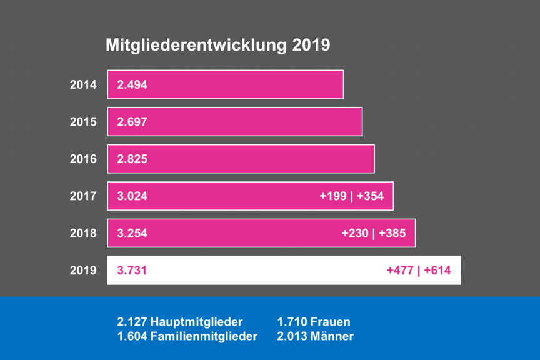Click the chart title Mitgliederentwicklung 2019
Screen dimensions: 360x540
tap(217, 46)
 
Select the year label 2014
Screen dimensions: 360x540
tap(83, 84)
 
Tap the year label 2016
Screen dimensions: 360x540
tap(83, 159)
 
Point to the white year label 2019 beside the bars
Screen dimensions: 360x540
tap(83, 271)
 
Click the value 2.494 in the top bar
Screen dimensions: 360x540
tap(132, 84)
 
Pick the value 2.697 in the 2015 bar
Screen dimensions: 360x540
tap(132, 122)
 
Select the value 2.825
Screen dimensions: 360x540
tap(132, 159)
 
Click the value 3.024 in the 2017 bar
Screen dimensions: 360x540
tap(132, 196)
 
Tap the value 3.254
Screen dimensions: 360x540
tap(132, 233)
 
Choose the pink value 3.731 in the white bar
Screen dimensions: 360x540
tap(132, 271)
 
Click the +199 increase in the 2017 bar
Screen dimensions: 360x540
tap(333, 196)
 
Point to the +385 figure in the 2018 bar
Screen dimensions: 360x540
tap(392, 233)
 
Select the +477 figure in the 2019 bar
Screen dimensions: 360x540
tap(401, 271)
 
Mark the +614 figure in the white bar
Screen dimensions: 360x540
tap(437, 271)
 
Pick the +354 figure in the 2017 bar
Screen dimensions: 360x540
tap(370, 196)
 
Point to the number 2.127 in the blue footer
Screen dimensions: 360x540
tap(132, 322)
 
